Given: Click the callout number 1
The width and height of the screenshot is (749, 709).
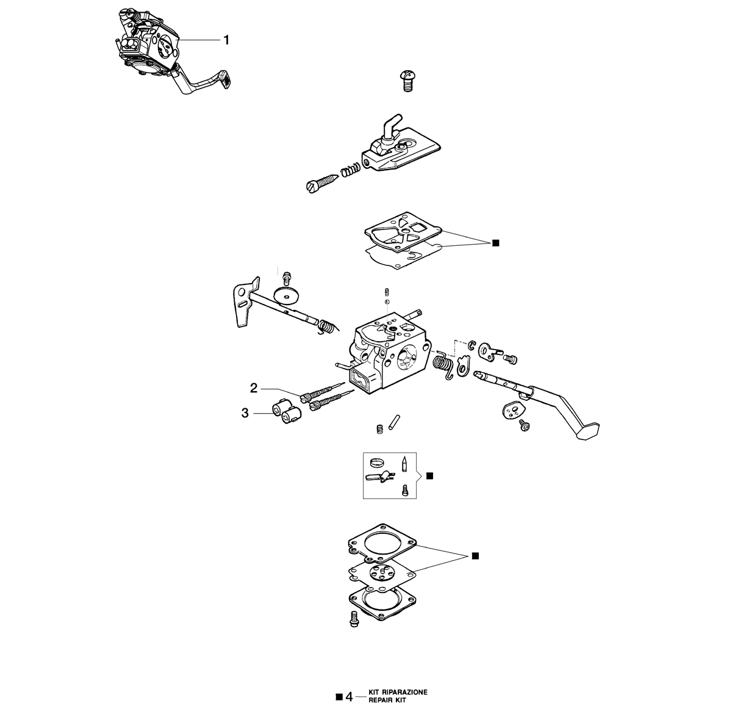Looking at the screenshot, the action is [226, 40].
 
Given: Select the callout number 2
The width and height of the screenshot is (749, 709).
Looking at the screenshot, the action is [254, 389].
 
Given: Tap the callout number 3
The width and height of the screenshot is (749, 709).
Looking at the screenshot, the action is [245, 413].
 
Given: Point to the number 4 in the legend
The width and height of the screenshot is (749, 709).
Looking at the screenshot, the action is [349, 697].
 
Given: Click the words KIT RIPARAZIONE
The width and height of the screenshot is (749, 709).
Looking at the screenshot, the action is [398, 693].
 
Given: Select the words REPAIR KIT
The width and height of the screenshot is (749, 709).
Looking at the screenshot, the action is [387, 700].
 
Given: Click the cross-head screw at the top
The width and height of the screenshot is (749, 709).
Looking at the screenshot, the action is [408, 80].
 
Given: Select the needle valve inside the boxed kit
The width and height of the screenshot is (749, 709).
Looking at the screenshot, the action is [404, 464].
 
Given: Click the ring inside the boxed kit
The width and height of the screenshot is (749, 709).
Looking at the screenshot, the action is [377, 462].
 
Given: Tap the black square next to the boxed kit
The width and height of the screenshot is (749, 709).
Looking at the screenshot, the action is [429, 476].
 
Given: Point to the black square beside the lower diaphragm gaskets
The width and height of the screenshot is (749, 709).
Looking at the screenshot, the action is [475, 556].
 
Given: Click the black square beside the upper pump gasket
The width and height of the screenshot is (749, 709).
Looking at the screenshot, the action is [495, 243].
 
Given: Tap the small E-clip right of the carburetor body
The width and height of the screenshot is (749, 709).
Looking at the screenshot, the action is [472, 345].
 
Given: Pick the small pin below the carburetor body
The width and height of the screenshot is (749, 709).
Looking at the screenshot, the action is [394, 422].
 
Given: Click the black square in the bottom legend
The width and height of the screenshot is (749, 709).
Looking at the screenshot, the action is [339, 697].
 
